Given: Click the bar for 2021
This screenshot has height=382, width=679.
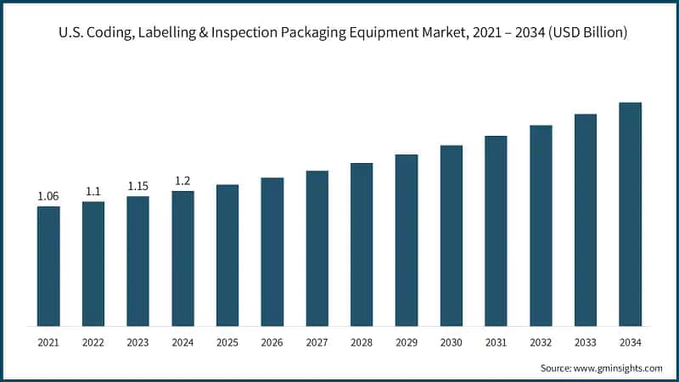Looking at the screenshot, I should click(x=48, y=266).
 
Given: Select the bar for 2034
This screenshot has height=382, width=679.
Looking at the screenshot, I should click(x=630, y=214).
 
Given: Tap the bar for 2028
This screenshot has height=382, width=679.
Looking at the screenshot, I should click(x=362, y=244).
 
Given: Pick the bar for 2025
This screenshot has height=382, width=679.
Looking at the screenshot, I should click(x=227, y=255).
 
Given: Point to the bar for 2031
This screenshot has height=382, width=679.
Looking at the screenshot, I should click(x=496, y=231).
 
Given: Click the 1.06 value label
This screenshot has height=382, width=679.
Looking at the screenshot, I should click(x=48, y=196).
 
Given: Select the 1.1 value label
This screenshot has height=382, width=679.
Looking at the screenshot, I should click(x=93, y=192).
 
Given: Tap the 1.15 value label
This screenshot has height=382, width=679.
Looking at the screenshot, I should click(x=138, y=186).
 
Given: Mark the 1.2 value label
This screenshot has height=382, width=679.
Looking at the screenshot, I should click(x=182, y=181).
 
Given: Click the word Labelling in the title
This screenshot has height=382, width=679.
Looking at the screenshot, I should click(x=171, y=34).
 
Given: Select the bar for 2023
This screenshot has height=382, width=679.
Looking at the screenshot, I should click(x=138, y=261).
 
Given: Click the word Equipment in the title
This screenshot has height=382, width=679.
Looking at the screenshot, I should click(x=401, y=34).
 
